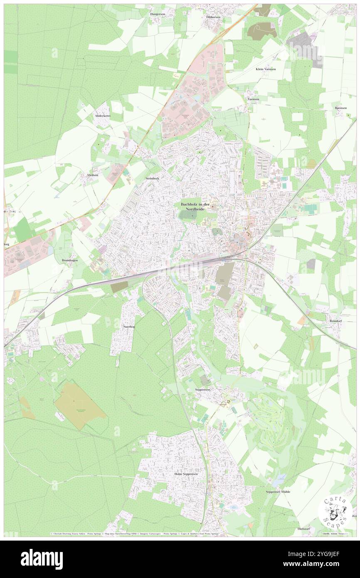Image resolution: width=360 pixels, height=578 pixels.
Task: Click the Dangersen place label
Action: click(x=158, y=14)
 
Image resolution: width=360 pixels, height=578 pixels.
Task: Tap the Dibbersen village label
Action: click(x=213, y=17)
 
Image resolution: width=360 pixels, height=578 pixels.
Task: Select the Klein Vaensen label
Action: click(x=265, y=69)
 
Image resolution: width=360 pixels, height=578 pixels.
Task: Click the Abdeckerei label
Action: click(x=102, y=116)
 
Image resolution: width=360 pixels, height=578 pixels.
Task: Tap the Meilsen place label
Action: click(x=92, y=175)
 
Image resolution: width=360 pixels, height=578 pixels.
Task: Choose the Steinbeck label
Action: click(x=152, y=178)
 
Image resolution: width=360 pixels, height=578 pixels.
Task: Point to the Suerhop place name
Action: click(x=129, y=327)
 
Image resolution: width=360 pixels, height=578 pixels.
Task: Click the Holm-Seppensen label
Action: click(x=186, y=474)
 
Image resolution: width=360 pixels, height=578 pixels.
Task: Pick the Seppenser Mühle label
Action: click(x=278, y=492)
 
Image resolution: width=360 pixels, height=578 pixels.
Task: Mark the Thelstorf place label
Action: click(x=304, y=529)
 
